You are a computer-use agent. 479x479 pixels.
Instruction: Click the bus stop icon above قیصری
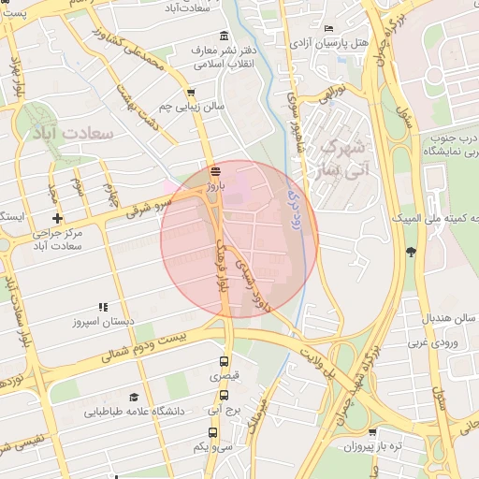pyautogui.click(x=223, y=361)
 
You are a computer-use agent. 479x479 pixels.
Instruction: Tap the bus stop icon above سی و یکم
pyautogui.click(x=213, y=433)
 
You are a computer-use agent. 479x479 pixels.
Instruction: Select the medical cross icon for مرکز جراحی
pyautogui.click(x=58, y=219)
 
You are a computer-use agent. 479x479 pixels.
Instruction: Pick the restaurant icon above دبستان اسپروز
pyautogui.click(x=103, y=307)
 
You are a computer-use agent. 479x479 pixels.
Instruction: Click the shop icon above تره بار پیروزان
pyautogui.click(x=373, y=433)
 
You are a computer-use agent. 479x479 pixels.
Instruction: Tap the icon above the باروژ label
pyautogui.click(x=216, y=171)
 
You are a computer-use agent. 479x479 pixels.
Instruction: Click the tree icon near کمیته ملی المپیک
pyautogui.click(x=411, y=251)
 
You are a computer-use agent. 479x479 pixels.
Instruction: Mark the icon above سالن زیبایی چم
pyautogui.click(x=192, y=93)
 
